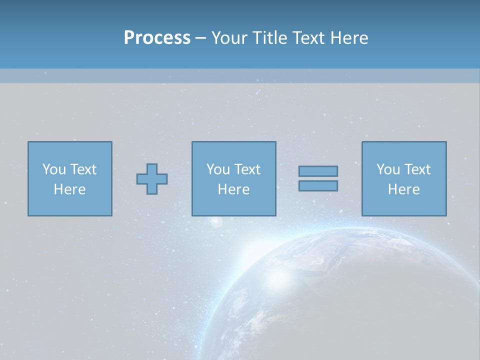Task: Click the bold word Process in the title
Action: point(157,38)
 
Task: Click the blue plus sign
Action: point(152,179)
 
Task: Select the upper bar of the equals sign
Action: point(318,171)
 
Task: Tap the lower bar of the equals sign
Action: point(318,186)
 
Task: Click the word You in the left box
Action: point(54,169)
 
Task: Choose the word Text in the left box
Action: point(83,169)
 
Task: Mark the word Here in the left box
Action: point(69,189)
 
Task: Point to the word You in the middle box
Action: point(218,169)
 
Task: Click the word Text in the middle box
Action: point(247,169)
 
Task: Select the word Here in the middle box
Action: point(233,189)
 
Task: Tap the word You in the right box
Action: point(388,169)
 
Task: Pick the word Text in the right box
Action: point(417,169)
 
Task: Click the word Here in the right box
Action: point(403,189)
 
